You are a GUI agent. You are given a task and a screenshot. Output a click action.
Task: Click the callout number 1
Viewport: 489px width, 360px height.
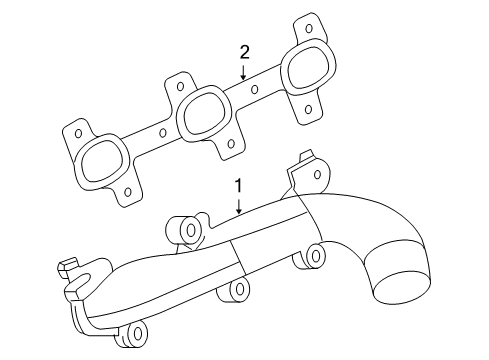click(238, 186)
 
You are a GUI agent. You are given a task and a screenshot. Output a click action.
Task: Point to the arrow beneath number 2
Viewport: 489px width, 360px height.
click(242, 70)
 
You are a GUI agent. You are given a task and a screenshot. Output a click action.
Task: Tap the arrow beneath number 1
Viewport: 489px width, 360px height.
click(238, 205)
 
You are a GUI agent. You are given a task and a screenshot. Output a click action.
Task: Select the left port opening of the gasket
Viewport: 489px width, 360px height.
click(98, 159)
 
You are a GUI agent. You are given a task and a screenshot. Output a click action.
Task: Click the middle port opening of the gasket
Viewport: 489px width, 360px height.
click(204, 112)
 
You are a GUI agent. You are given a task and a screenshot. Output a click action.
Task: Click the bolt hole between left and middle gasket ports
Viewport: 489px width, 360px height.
click(164, 130)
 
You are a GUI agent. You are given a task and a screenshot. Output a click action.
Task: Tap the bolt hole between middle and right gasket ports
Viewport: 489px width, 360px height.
click(255, 89)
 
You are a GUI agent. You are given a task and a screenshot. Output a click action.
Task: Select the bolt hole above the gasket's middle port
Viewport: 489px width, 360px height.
click(181, 86)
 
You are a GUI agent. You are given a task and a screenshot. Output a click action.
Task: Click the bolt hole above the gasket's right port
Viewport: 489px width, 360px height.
click(309, 27)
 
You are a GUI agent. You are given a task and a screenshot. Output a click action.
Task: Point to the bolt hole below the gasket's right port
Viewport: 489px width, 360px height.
click(308, 108)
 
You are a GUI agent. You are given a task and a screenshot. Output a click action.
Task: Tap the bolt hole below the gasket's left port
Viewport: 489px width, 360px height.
click(128, 190)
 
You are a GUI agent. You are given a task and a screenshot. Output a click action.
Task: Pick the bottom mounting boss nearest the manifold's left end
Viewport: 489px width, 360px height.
click(133, 333)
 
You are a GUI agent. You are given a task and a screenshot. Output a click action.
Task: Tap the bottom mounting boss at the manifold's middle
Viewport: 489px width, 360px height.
click(239, 291)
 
